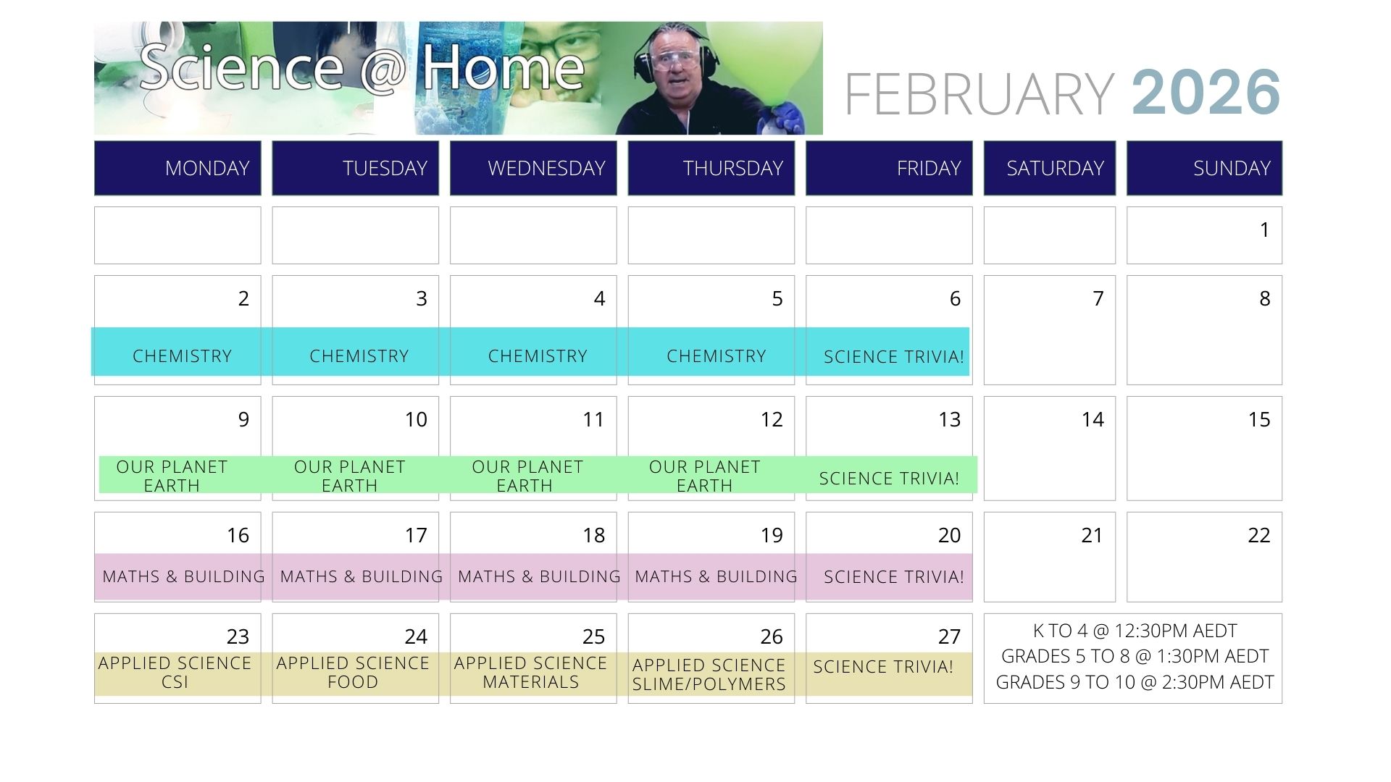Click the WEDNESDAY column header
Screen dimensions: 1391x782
pos(533,168)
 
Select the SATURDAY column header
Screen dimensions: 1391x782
pos(1050,168)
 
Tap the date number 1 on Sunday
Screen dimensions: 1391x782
pos(1264,230)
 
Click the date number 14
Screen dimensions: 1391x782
pos(1093,419)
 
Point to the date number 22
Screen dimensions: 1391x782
pos(1258,535)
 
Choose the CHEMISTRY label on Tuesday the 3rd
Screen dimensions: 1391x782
pos(359,356)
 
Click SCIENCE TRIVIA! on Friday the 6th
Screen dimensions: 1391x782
pos(894,357)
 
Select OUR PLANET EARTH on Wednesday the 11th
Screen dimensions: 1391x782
pos(527,476)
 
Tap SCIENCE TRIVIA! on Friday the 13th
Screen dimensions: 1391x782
pos(889,479)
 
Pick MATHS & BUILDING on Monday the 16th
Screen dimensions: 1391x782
pos(183,577)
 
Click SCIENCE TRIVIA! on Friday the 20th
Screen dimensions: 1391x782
pos(894,577)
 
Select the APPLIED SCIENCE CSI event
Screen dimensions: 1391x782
pos(175,673)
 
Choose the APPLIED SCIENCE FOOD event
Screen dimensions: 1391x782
pos(353,673)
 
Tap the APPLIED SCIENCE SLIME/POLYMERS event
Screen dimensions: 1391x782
pos(709,675)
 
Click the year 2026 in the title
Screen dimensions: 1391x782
pos(1206,93)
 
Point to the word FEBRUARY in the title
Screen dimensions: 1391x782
pos(979,94)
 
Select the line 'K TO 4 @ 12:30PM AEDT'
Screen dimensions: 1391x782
pos(1135,631)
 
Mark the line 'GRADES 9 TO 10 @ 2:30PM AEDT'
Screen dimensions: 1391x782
pos(1135,682)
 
